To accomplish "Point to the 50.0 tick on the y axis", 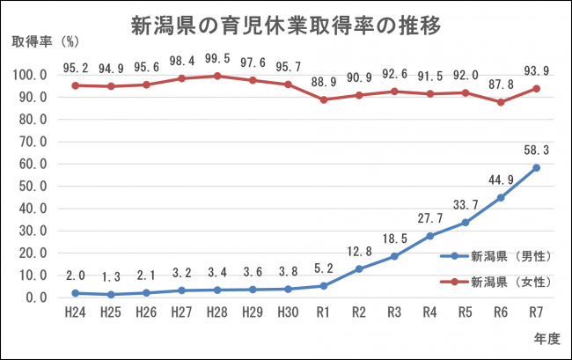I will pos(32,186).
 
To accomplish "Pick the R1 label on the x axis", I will pos(323,312).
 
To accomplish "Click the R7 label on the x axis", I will pos(536,312).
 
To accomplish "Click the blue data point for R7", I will pos(536,167).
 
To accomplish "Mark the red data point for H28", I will pos(216,76).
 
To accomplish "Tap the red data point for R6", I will pos(501,102).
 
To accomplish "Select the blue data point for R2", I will pos(358,268).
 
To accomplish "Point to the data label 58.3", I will pos(535,151).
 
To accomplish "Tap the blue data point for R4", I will pos(429,236).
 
